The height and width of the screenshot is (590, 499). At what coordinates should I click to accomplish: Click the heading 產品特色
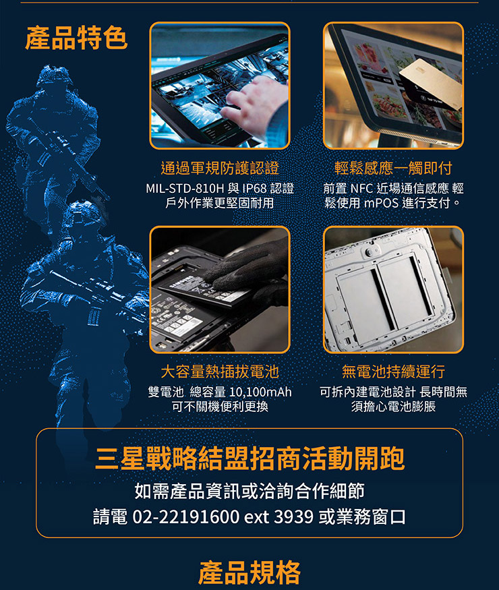(76, 38)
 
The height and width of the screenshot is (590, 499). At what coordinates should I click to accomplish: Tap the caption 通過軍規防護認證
(220, 168)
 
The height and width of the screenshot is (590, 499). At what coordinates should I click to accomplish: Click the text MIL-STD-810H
(184, 188)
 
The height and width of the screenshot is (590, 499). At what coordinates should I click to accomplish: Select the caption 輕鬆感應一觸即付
(393, 168)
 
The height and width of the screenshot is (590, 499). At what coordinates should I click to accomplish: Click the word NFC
(361, 188)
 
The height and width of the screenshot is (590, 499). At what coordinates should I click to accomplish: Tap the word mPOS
(381, 203)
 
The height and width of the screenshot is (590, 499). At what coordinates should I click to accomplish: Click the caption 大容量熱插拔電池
(220, 372)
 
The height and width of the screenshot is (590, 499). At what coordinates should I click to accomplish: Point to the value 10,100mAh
(260, 392)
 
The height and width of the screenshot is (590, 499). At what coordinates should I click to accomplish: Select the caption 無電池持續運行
(393, 372)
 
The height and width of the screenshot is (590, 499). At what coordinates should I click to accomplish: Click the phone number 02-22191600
(186, 517)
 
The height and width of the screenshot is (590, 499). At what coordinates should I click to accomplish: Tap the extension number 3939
(294, 517)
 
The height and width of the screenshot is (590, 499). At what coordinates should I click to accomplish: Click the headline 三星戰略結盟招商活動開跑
(250, 459)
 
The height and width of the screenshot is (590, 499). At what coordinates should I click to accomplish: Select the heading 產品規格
(249, 572)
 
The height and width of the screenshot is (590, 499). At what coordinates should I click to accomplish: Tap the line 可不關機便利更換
(220, 407)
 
